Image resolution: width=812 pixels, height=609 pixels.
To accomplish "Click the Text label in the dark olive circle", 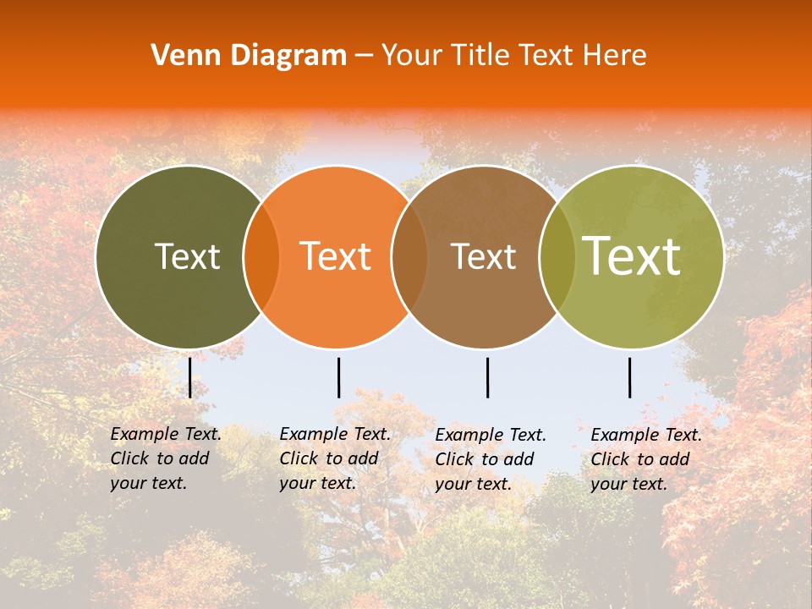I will pos(187,256).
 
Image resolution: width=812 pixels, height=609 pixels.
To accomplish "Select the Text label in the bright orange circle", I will pos(336,256).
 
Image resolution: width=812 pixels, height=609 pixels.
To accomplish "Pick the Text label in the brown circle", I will pos(483,256).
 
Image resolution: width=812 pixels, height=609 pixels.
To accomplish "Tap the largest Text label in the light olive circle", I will pos(632,256).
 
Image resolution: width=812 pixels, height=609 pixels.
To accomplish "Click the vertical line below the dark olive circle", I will pos(189,377).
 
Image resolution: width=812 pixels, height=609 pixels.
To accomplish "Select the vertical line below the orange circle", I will pos(338,377).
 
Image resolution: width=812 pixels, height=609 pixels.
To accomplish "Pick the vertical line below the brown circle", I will pos(487,377).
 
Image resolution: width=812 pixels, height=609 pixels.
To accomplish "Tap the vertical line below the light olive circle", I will pos(629,377).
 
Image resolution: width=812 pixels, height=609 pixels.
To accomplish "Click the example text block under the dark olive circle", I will pos(165,458).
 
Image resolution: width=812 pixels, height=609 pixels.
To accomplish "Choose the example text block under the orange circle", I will pos(334,458).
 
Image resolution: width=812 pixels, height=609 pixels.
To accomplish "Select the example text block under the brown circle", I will pos(490,459).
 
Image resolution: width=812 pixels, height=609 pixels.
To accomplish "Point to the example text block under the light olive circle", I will pos(645,459).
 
